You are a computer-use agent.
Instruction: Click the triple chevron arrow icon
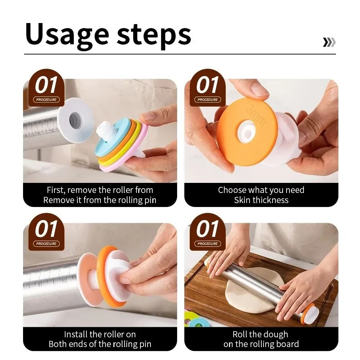coord(329,42)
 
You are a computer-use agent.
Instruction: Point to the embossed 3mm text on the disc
coord(256,114)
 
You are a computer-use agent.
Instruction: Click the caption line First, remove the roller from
coord(100,190)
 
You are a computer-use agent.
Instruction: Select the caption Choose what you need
coord(261,190)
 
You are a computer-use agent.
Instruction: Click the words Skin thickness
coord(261,200)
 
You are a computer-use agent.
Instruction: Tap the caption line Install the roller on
coord(100,334)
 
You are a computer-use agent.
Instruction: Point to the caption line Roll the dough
coord(260,334)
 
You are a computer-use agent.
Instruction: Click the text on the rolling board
coord(261,344)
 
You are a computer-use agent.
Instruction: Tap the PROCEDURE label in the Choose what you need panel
coord(208,100)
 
